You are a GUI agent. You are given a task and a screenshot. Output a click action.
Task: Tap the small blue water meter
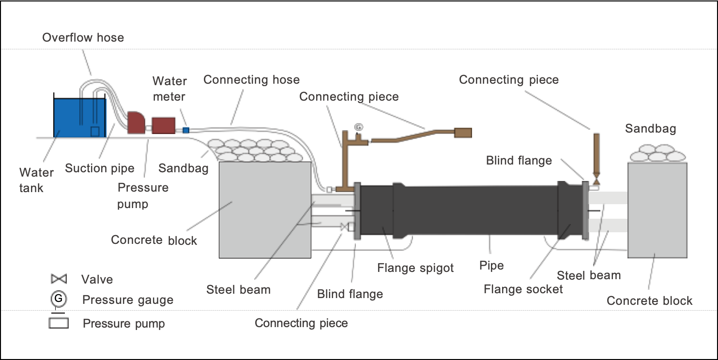[185, 130]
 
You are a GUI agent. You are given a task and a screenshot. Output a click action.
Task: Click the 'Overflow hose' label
[83, 38]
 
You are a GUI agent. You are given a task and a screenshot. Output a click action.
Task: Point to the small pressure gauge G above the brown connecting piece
[358, 127]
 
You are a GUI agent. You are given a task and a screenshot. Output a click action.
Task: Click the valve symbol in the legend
[59, 279]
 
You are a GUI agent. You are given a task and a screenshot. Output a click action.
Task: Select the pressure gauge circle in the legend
[58, 299]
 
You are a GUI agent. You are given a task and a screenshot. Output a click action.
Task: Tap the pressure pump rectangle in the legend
[59, 323]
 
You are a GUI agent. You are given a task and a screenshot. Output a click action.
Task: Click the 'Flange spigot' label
[415, 268]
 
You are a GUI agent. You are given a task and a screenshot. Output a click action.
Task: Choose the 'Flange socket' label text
[523, 289]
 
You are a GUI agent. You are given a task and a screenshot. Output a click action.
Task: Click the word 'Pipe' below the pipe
[491, 265]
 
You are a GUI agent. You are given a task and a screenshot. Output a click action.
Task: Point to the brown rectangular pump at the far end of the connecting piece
[462, 133]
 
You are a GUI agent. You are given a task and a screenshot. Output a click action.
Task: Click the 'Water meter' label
[169, 89]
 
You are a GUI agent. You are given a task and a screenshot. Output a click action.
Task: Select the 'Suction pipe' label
[99, 168]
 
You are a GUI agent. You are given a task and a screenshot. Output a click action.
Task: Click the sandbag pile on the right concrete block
[657, 153]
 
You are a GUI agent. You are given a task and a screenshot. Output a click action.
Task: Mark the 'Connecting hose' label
[251, 80]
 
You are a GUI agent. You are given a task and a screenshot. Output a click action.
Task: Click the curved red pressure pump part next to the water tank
[137, 122]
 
